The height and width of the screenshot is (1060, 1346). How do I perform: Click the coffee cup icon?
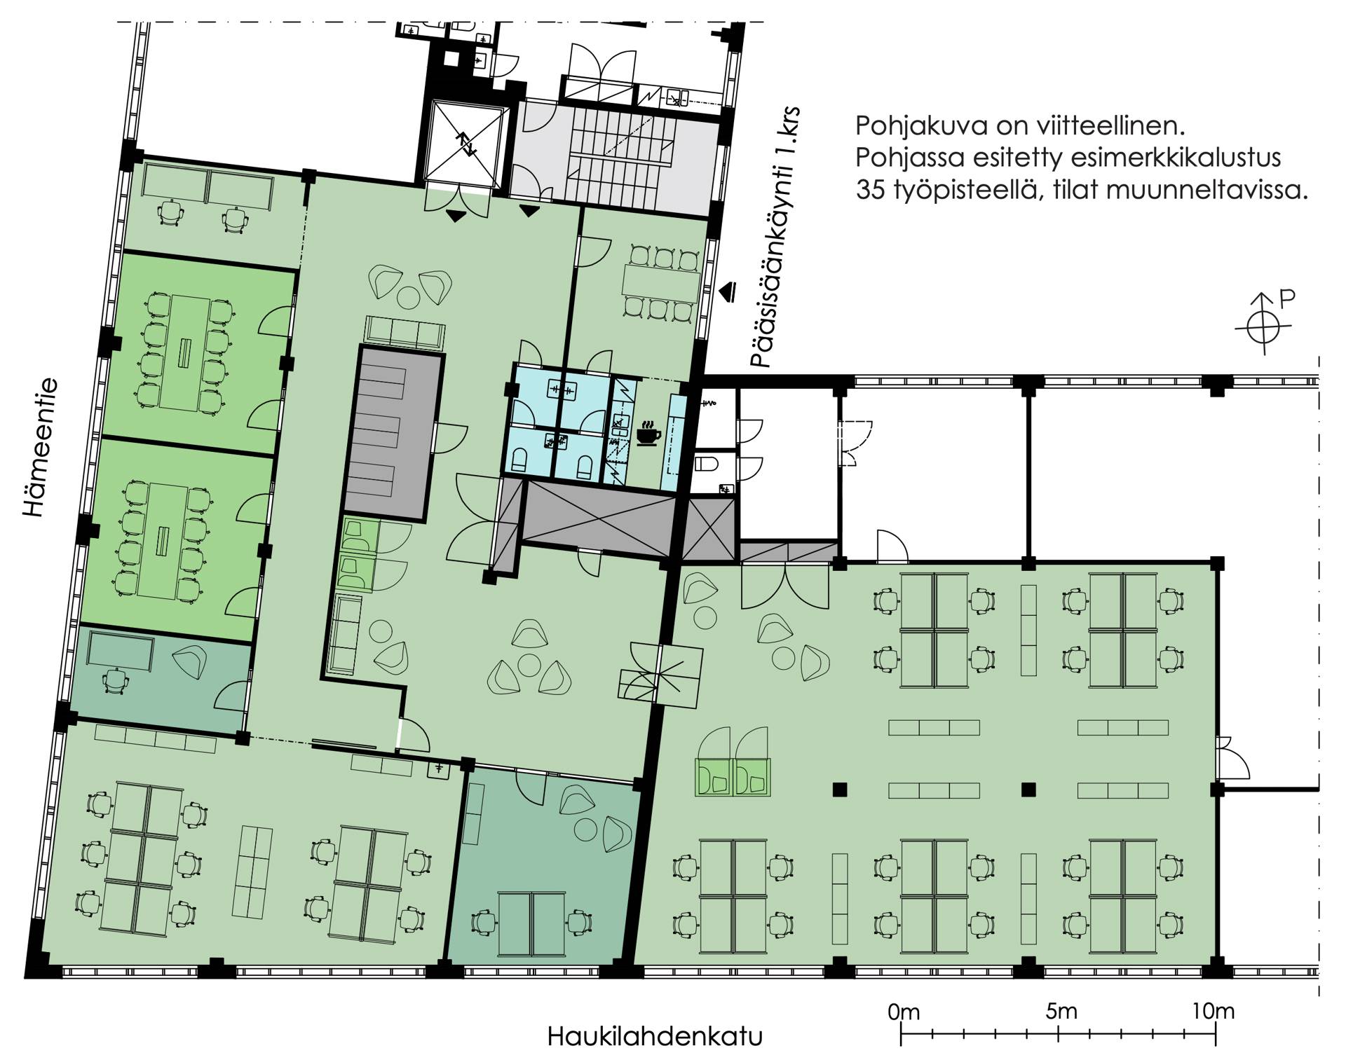tap(648, 432)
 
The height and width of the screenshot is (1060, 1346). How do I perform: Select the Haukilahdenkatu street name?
tap(654, 1036)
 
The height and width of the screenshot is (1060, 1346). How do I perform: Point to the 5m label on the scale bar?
tap(1061, 1012)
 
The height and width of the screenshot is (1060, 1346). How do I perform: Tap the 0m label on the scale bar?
tap(903, 1012)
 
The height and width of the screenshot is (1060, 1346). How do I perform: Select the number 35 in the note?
tap(869, 191)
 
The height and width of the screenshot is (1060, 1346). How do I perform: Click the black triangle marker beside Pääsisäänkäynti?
tap(730, 289)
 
